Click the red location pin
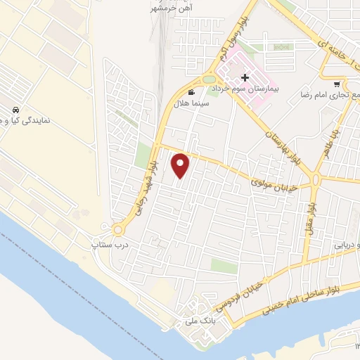coord(181,166)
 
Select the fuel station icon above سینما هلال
coord(191,92)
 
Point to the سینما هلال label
coord(191,103)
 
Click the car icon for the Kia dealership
coord(15,110)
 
